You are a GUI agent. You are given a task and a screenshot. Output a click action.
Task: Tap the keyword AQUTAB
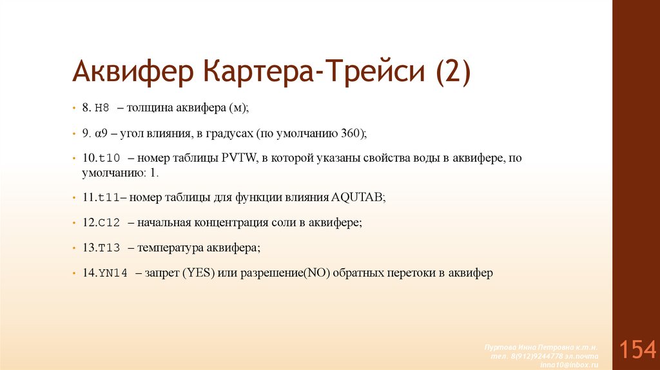(x=357, y=198)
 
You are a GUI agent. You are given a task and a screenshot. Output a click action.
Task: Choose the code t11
(x=108, y=198)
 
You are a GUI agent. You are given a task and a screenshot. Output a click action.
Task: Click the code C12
(x=108, y=223)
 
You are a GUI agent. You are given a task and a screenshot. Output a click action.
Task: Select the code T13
(x=108, y=248)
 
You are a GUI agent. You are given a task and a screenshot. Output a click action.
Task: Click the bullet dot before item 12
(x=75, y=223)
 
